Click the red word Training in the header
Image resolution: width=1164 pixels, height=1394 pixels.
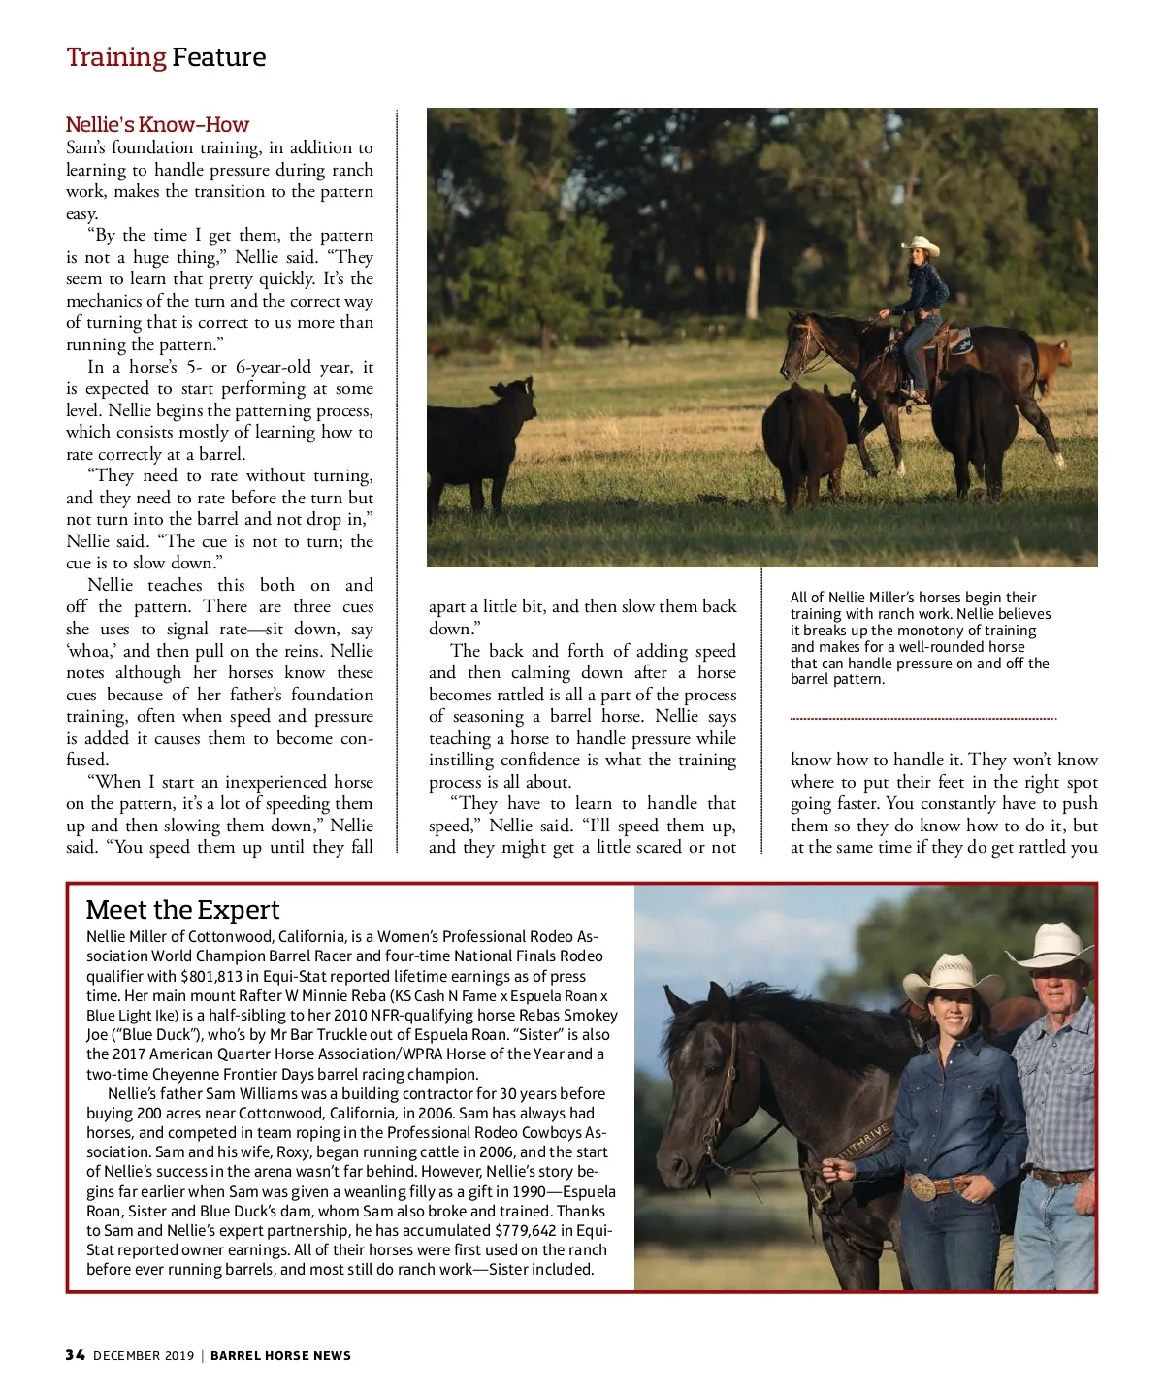point(115,57)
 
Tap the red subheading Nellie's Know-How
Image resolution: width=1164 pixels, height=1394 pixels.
point(157,125)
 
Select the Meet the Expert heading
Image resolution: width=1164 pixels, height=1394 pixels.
point(182,910)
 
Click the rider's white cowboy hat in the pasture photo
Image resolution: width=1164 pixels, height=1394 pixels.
point(921,245)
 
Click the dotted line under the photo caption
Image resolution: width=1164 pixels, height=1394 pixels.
point(922,719)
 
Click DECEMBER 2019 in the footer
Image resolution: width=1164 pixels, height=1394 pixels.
point(144,1355)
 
